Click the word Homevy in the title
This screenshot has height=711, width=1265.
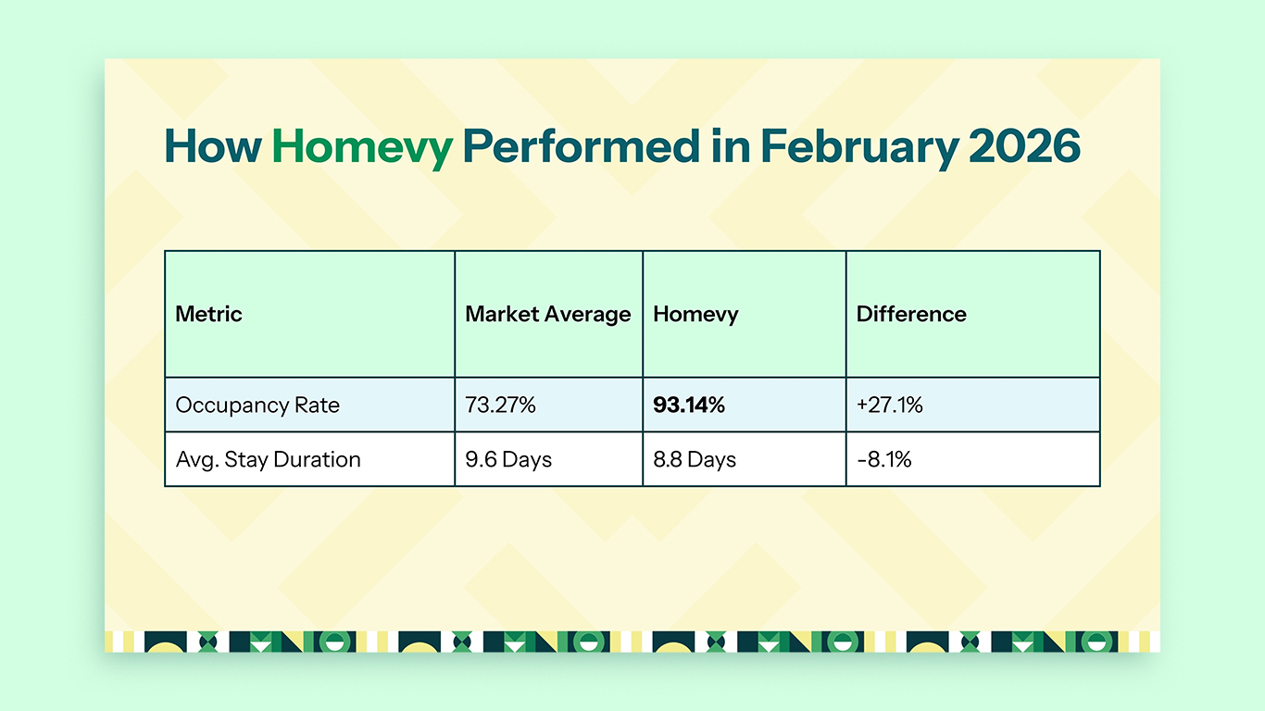362,147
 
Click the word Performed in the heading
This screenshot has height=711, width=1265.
582,147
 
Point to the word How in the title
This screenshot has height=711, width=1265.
213,147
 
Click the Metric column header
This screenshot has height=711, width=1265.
208,314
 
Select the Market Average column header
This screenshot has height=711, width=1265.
547,314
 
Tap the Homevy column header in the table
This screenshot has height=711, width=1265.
695,314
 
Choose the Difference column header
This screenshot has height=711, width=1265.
910,314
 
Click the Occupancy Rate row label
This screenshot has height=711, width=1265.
257,405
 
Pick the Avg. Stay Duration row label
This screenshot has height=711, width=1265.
268,459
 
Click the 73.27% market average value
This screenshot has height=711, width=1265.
500,405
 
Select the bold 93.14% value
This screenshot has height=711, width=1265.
688,405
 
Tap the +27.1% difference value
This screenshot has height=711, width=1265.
889,405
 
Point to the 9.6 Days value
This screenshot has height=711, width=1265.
508,459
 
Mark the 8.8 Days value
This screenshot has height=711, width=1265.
694,459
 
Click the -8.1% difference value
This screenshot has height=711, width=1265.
883,459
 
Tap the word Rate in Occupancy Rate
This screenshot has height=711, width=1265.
318,405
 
